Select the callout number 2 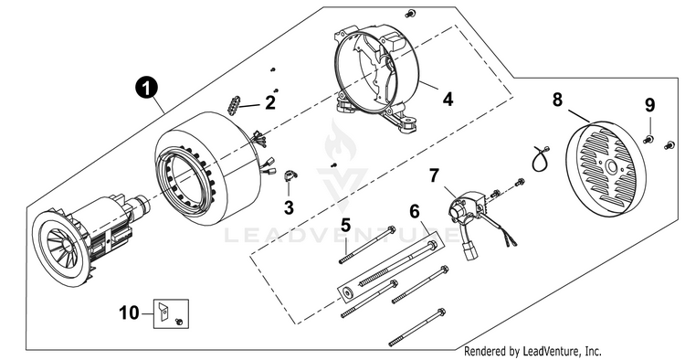point(270,102)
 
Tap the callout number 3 point(289,207)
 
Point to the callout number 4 point(448,100)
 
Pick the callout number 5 point(345,226)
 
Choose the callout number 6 point(414,211)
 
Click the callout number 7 point(433,175)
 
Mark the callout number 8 point(557,100)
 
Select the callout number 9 point(649,105)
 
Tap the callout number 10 point(130,312)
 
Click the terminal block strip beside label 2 point(233,105)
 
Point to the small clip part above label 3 point(290,175)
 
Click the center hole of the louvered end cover point(610,166)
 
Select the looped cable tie point(540,159)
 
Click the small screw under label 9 point(648,140)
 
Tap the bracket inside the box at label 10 point(163,311)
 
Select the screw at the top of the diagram point(409,14)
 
